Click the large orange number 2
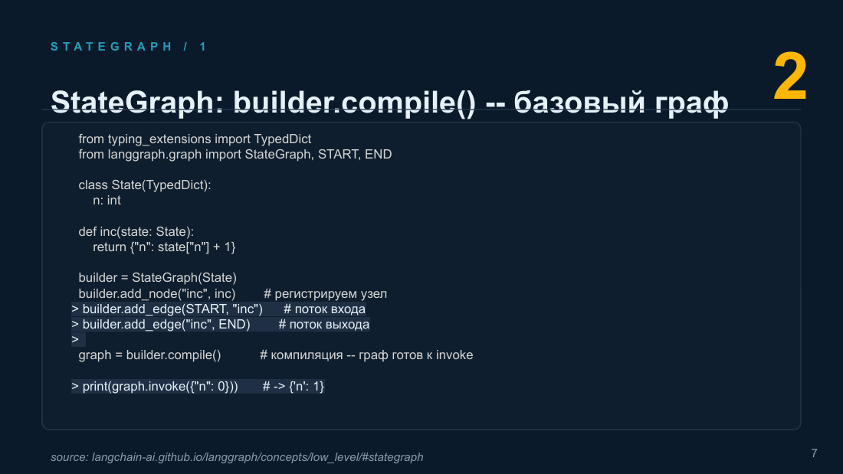[x=790, y=77]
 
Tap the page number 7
[x=814, y=453]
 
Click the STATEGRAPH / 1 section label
[x=129, y=47]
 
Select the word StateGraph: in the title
[x=137, y=102]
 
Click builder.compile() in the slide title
[x=354, y=102]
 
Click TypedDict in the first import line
[x=282, y=139]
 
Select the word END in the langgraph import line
[x=378, y=154]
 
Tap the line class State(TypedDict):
[x=145, y=185]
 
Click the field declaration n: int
[x=107, y=201]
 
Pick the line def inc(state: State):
[x=136, y=231]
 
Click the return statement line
[x=164, y=247]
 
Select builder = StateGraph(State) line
[x=158, y=277]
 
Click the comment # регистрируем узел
[x=325, y=294]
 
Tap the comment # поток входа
[x=325, y=309]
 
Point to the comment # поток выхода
[x=323, y=325]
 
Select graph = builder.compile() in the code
[x=149, y=355]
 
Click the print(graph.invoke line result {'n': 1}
[x=307, y=387]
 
